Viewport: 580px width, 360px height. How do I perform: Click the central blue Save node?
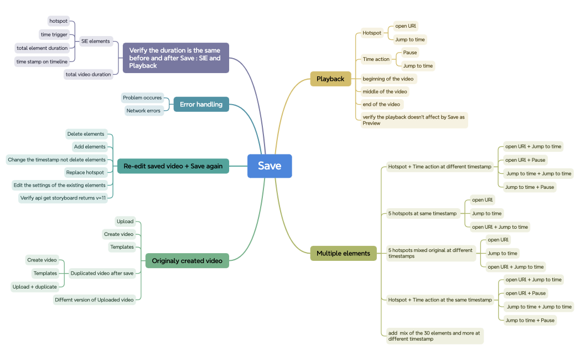point(270,166)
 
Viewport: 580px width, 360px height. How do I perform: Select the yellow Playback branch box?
point(330,79)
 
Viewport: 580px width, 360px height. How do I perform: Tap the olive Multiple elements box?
point(343,254)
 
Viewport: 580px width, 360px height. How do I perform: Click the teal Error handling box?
point(201,104)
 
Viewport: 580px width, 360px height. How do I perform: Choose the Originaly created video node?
point(187,261)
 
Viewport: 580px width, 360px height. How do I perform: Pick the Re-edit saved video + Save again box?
point(173,166)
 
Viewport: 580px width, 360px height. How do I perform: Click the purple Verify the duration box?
point(175,58)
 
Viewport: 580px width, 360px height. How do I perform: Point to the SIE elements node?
point(96,41)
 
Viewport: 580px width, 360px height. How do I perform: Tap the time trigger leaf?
point(54,34)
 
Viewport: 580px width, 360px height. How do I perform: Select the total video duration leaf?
point(88,74)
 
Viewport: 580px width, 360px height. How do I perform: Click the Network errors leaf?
point(143,111)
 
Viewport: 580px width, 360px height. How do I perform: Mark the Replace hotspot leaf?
point(85,172)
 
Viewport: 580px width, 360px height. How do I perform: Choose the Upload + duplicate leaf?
point(34,287)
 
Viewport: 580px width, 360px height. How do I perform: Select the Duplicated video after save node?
point(102,273)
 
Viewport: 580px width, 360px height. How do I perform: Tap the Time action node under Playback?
point(376,59)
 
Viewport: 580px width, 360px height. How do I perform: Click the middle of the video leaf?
point(385,91)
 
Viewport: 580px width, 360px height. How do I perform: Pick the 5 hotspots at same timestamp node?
point(422,213)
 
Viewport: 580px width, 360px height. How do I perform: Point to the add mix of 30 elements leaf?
point(434,336)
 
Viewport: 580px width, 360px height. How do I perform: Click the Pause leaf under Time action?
point(410,53)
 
